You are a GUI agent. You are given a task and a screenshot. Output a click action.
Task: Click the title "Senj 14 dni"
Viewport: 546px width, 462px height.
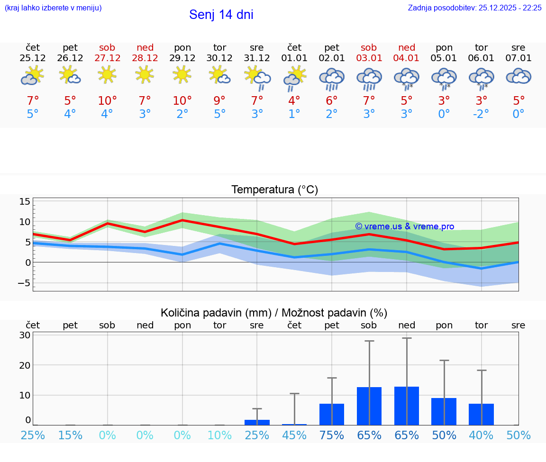coord(221,15)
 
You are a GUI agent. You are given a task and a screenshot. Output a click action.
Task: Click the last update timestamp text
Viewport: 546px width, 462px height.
coord(474,8)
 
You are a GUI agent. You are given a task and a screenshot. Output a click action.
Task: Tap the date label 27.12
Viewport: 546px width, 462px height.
coord(107,58)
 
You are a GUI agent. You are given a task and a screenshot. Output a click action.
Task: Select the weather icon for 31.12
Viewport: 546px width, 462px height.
coord(257,77)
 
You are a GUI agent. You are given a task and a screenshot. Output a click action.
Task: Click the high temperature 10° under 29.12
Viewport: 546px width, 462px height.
coord(182,100)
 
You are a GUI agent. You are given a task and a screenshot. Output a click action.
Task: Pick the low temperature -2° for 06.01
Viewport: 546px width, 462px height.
coord(481,114)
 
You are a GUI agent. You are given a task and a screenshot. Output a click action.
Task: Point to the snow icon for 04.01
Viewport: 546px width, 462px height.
coord(407,78)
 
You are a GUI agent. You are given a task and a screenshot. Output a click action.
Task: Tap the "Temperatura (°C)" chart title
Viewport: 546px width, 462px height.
coord(274,190)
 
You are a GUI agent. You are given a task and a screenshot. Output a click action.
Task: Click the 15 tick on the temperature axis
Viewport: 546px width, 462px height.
coord(25,202)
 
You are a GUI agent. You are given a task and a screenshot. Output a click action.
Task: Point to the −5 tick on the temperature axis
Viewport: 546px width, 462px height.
coord(23,283)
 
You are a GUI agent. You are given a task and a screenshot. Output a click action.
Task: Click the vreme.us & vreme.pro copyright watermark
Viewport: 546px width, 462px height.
coord(404,226)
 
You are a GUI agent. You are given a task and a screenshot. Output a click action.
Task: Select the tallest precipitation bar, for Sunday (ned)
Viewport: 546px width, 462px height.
coord(407,406)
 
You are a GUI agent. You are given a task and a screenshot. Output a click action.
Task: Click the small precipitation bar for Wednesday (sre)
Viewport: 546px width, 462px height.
coord(257,422)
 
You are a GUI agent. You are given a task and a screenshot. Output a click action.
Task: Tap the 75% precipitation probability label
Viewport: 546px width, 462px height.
coord(332,435)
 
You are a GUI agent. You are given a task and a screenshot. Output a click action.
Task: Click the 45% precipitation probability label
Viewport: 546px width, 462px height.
coord(294,435)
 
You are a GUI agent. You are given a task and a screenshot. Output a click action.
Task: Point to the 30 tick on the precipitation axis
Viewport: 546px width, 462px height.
coord(25,335)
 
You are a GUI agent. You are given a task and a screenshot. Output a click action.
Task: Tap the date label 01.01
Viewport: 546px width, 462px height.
coord(294,58)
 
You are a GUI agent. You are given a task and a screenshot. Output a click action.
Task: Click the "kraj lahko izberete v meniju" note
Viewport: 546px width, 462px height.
coord(53,8)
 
